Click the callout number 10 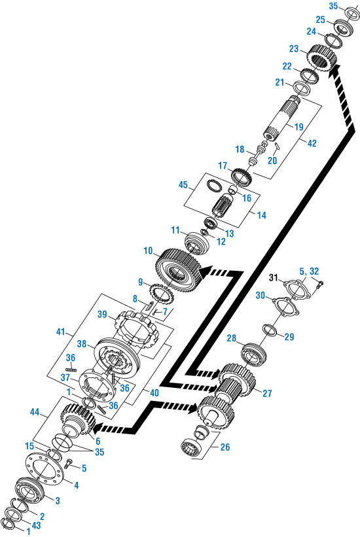pos(148,251)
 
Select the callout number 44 pos(37,413)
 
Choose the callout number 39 pos(103,315)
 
